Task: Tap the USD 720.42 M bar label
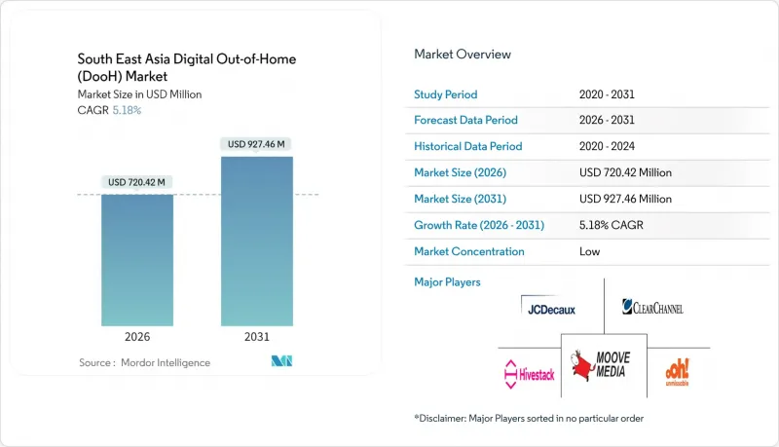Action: [x=137, y=182]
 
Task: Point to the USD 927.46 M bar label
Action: [x=257, y=144]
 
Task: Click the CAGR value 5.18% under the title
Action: [x=128, y=110]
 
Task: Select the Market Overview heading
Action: [x=463, y=55]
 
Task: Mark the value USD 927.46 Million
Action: [x=625, y=199]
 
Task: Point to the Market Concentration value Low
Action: [x=589, y=251]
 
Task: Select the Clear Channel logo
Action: [x=652, y=307]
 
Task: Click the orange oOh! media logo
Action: [x=679, y=372]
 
